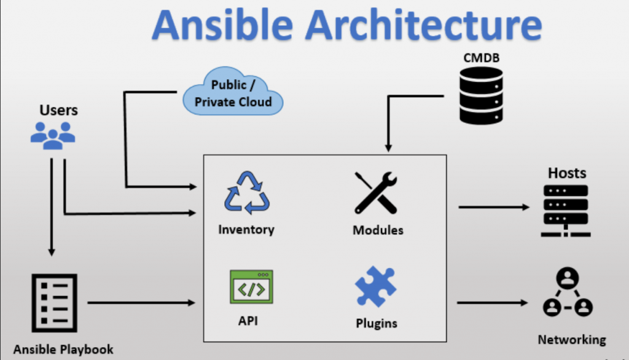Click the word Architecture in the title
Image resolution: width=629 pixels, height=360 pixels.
pyautogui.click(x=424, y=26)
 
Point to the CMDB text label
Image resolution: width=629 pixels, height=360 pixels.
pyautogui.click(x=481, y=58)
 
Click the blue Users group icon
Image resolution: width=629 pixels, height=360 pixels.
pyautogui.click(x=53, y=135)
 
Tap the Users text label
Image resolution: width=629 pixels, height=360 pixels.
pyautogui.click(x=58, y=111)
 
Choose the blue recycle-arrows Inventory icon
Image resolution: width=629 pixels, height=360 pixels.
pyautogui.click(x=246, y=193)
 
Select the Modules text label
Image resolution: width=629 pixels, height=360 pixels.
pyautogui.click(x=378, y=230)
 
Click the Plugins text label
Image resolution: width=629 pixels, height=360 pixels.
pyautogui.click(x=377, y=323)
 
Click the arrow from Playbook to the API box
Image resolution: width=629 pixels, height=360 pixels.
pyautogui.click(x=141, y=302)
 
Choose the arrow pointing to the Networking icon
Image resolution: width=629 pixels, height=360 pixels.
pyautogui.click(x=492, y=302)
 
